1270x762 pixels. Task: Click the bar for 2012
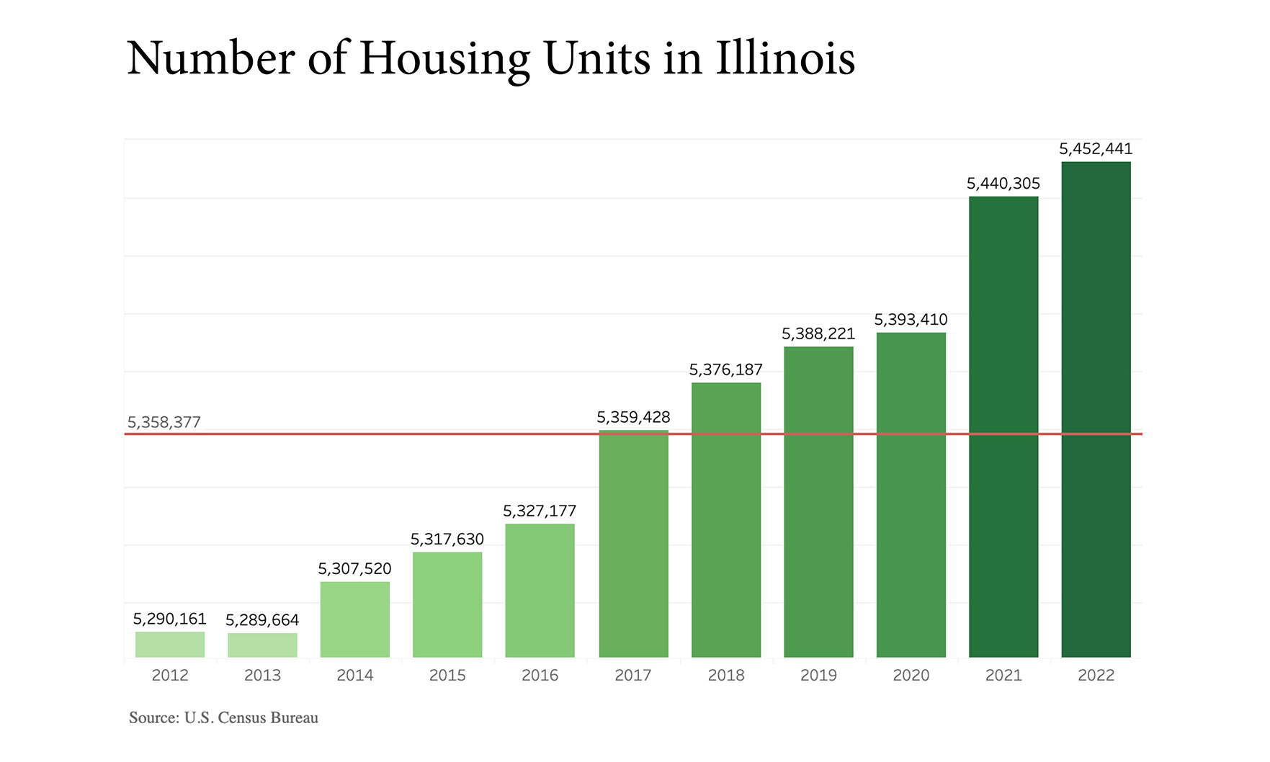coord(170,645)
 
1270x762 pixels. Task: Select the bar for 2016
coord(540,591)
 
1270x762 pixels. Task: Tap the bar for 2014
coord(354,619)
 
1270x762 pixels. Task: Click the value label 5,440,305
coord(1003,184)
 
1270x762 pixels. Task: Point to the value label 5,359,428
coord(633,417)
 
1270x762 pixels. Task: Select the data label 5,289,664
coord(262,620)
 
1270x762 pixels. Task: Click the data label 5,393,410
coord(911,320)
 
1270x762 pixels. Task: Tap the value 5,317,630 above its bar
coord(447,539)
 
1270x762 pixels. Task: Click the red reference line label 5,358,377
coord(164,422)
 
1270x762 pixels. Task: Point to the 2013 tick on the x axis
coord(262,675)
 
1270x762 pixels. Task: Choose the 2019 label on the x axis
coord(818,675)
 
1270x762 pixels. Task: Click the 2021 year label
coord(1003,675)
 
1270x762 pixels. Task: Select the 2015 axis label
coord(447,675)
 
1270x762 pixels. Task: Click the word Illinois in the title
coord(785,58)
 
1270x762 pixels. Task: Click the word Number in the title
coord(210,58)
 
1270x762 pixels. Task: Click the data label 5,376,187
coord(725,370)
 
